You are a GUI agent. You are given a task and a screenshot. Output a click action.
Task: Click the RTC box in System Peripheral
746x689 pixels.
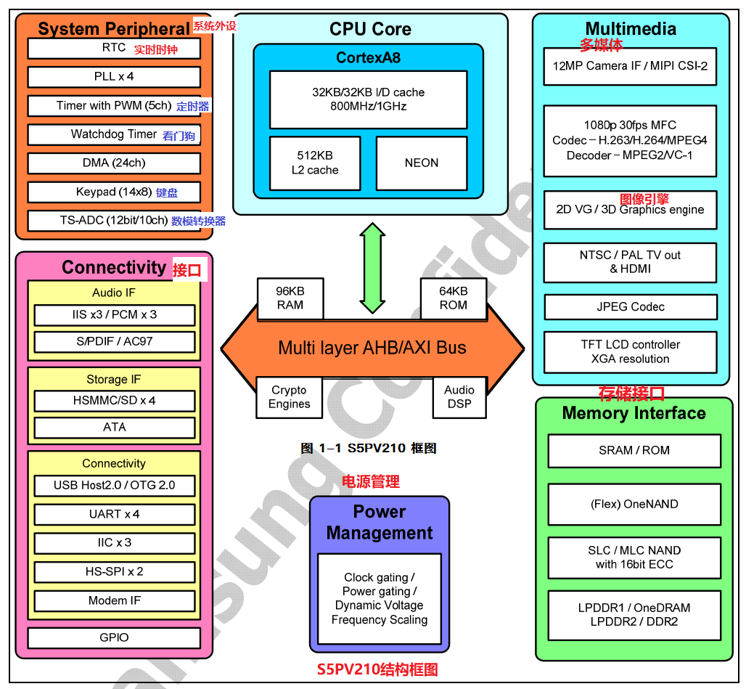point(114,49)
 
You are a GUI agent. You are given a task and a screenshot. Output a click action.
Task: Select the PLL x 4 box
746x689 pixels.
point(114,77)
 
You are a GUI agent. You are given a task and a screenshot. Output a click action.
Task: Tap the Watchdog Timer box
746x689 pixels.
point(114,134)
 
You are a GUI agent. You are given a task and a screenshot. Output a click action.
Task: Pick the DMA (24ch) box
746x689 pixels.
point(114,163)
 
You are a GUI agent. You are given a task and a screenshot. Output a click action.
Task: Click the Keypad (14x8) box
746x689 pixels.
point(114,192)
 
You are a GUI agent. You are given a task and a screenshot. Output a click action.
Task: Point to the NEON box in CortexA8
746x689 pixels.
point(422,163)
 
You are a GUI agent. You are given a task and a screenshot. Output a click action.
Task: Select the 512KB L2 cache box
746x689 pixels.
point(315,163)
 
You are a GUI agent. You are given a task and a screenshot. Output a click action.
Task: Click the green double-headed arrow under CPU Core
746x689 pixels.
point(373,269)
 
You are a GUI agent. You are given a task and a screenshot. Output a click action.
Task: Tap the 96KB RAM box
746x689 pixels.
point(290,298)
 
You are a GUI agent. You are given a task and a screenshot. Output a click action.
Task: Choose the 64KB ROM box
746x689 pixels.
point(454,298)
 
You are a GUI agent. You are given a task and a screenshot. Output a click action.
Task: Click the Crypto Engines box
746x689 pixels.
point(289,397)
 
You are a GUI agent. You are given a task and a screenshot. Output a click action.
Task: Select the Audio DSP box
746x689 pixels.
point(459,397)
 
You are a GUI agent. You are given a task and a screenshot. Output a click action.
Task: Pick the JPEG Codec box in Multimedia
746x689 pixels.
point(631,307)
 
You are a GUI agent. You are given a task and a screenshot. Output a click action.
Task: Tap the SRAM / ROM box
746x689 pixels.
point(634,450)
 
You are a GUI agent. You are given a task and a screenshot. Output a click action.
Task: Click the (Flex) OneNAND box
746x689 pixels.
point(634,504)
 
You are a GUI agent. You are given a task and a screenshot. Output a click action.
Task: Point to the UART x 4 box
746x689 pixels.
point(114,514)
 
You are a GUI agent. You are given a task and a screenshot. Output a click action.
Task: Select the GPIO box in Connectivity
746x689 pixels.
point(114,637)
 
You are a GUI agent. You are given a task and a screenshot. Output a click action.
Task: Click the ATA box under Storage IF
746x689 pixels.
point(114,428)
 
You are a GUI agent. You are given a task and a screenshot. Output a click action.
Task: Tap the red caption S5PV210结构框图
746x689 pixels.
point(377,669)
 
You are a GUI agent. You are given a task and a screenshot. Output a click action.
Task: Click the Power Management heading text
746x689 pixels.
point(379,522)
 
